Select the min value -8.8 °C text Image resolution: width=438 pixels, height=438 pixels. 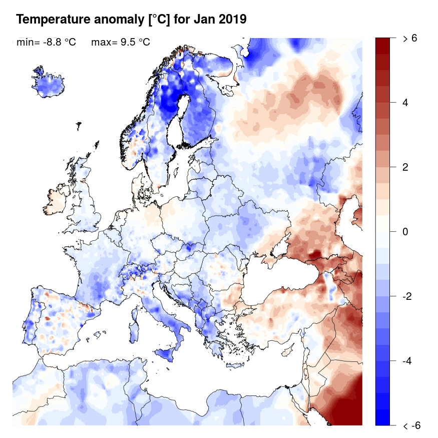[x=46, y=43]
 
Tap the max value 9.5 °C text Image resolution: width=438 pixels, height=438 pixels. [x=120, y=43]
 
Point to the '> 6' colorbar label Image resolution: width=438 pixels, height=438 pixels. [x=410, y=38]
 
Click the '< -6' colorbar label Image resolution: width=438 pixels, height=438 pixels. [x=411, y=426]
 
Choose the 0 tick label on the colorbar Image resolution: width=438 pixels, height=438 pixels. [x=405, y=232]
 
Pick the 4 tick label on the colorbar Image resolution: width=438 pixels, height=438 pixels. [x=405, y=103]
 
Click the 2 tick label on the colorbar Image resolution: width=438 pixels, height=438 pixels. [x=405, y=167]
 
